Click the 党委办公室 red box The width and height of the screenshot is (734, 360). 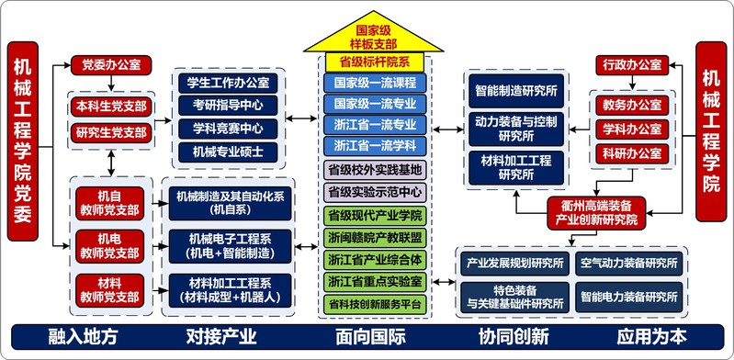[111, 65]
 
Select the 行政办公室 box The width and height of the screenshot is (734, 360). [631, 65]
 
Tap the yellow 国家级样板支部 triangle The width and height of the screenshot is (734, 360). [373, 32]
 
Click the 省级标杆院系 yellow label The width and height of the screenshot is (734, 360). [374, 62]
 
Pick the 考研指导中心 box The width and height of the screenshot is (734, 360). [228, 106]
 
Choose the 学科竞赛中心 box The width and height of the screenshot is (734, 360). [228, 129]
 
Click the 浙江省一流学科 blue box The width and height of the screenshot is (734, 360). [375, 146]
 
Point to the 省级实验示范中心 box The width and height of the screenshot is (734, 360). [375, 192]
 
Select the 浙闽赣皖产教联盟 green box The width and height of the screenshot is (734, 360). [375, 237]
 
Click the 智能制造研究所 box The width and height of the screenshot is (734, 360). [516, 91]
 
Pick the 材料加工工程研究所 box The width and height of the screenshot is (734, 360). [516, 167]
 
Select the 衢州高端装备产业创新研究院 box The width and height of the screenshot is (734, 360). [596, 213]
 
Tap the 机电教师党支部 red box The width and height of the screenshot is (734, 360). [109, 246]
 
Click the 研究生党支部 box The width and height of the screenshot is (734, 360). [111, 133]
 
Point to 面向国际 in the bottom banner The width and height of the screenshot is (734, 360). [370, 337]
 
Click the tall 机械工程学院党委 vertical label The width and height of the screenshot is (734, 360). [22, 141]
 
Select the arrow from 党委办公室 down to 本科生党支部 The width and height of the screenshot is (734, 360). [111, 83]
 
